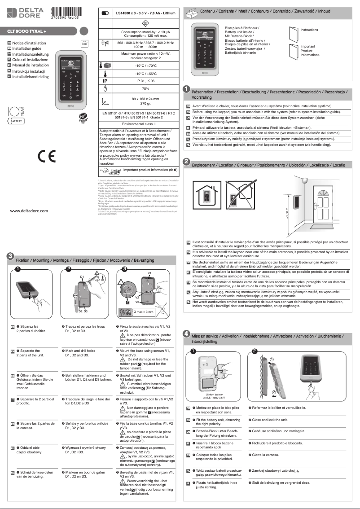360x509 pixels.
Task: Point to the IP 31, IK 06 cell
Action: (x=138, y=80)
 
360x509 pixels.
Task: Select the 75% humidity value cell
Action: (x=138, y=88)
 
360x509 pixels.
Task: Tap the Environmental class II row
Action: (x=138, y=123)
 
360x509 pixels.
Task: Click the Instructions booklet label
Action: (x=309, y=30)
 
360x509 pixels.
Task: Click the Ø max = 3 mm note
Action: (x=144, y=312)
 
